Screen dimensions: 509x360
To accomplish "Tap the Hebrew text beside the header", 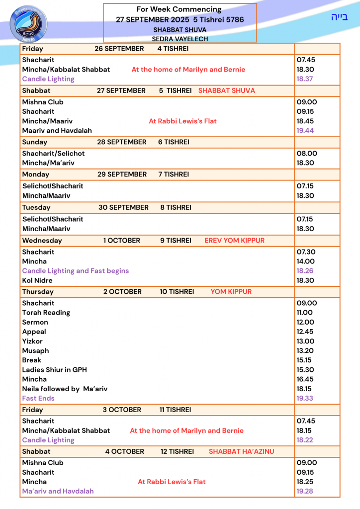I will coord(339,17).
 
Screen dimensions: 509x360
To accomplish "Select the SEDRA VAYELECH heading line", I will coord(180,39).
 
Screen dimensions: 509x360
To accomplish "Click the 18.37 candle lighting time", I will coord(305,79).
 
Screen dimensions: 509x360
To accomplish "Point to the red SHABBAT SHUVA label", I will coord(226,90).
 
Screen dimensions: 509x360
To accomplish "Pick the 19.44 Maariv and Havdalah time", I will coord(305,130).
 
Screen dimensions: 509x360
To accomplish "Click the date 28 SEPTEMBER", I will coord(122,142).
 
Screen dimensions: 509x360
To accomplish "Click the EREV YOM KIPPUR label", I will coord(234,241).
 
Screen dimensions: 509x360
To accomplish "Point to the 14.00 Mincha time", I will coord(306,261).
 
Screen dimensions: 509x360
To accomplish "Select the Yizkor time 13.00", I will coord(306,341).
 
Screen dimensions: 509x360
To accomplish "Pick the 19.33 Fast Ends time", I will coord(305,398).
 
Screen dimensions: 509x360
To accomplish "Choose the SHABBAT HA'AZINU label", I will coord(242,451).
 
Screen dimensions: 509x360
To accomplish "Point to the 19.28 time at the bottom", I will coord(305,491).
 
